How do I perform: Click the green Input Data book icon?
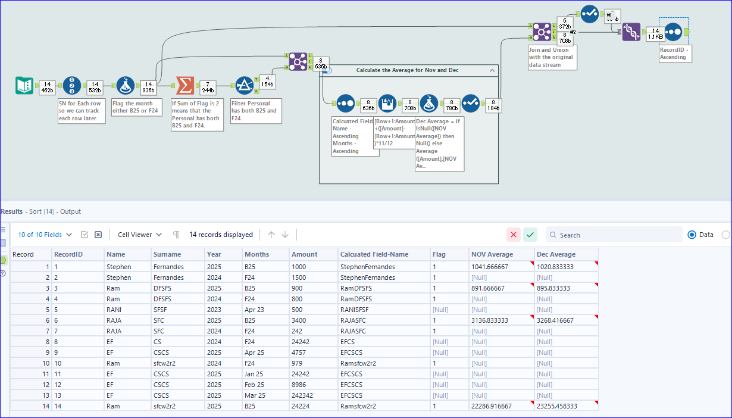(x=24, y=86)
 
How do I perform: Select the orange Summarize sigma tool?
(x=185, y=86)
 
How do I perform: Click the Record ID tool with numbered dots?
(x=72, y=86)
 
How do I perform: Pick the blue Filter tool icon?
(x=244, y=86)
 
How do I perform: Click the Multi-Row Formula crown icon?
(x=387, y=103)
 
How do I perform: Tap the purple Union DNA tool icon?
(x=631, y=32)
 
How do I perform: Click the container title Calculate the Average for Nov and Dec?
(x=407, y=70)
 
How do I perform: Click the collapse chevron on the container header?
(x=492, y=70)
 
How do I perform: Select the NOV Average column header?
(x=492, y=254)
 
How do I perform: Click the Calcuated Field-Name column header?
(x=374, y=254)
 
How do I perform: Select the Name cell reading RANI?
(x=115, y=310)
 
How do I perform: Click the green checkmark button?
(x=530, y=235)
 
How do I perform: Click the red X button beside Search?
(x=513, y=235)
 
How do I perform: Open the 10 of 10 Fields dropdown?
(x=45, y=235)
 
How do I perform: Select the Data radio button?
(x=692, y=235)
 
